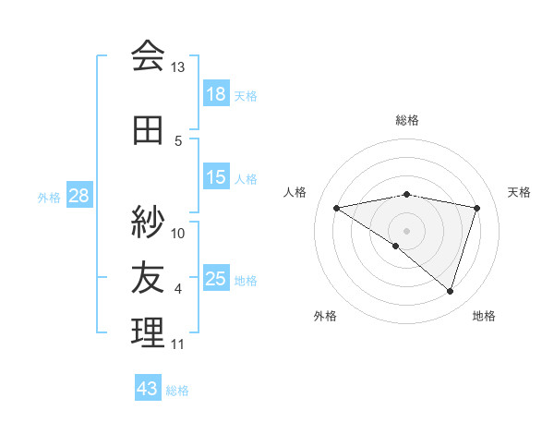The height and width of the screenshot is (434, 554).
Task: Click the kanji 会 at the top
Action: (147, 56)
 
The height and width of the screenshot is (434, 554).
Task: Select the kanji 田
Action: (147, 130)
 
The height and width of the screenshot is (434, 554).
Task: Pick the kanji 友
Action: (147, 277)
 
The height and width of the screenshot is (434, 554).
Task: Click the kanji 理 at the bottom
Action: (147, 332)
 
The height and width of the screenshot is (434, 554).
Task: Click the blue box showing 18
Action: (216, 94)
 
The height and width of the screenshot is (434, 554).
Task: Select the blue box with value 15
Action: (216, 178)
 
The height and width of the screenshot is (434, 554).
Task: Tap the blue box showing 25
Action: (216, 279)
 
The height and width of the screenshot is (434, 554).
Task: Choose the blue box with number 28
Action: (78, 196)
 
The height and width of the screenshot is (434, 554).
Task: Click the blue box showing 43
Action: (147, 389)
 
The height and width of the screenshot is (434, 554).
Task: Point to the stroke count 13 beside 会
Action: (177, 67)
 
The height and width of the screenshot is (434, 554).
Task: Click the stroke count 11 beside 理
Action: (177, 344)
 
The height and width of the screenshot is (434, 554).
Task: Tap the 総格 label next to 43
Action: (177, 391)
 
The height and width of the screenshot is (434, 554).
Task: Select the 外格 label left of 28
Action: (48, 197)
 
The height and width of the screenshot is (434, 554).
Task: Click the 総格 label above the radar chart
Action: (407, 120)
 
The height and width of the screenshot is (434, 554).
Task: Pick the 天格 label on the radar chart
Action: (520, 192)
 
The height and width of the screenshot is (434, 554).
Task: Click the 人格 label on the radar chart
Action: (295, 192)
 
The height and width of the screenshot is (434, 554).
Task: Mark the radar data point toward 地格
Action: (450, 291)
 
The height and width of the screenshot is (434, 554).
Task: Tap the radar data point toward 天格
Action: (476, 208)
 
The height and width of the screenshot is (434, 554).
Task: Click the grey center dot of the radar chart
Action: (406, 230)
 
